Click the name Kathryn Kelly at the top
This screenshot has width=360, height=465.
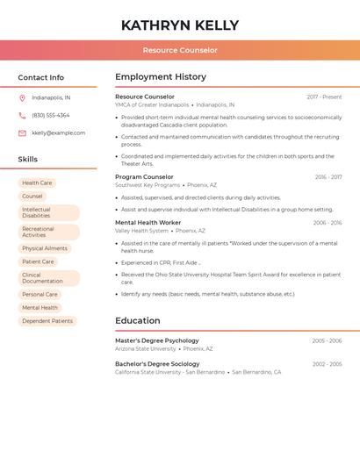(180, 25)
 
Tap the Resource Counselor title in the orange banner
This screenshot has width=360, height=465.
(180, 50)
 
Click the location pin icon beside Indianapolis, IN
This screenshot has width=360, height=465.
(22, 98)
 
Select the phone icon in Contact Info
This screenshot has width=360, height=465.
(22, 116)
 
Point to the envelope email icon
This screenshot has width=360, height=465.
(22, 133)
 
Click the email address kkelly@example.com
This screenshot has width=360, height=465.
(58, 133)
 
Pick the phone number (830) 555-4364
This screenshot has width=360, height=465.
(50, 116)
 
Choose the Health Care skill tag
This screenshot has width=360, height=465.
(37, 182)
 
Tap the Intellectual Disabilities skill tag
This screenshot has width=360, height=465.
(48, 212)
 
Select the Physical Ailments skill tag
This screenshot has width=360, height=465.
(44, 248)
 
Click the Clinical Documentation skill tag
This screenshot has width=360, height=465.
(48, 278)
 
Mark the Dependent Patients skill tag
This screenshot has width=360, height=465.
(47, 321)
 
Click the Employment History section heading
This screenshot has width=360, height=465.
(161, 77)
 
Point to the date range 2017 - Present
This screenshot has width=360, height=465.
(324, 97)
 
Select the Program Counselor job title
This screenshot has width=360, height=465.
(144, 177)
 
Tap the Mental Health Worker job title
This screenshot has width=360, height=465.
(148, 223)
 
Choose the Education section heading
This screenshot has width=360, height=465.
(137, 321)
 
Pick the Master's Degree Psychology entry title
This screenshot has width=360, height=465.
(157, 340)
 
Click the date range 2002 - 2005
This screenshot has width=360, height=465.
(327, 364)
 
